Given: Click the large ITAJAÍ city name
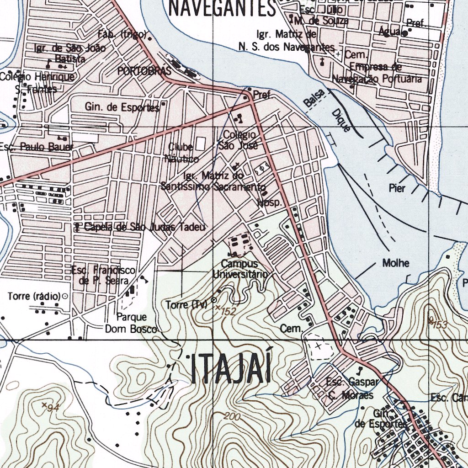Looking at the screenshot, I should coord(231,369).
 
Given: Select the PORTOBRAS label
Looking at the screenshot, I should coord(144,71).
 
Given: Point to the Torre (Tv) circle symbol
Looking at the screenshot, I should coord(214,300).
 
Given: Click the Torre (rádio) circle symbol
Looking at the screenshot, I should coord(64,296).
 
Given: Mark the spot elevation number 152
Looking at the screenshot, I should coord(228,312).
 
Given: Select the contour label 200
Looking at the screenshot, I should coord(232,416).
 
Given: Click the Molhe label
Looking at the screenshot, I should coord(396,263).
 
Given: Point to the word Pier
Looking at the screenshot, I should coord(397,188).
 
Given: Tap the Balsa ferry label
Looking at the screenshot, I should coord(314,99).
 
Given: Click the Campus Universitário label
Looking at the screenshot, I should coord(240,269).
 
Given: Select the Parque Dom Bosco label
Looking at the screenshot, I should coord(131,323).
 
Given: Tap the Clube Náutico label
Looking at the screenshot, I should coord(181,153).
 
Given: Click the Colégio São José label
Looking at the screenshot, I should coord(239,140).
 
